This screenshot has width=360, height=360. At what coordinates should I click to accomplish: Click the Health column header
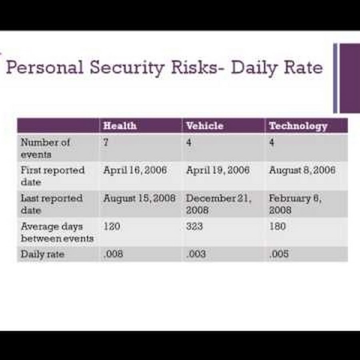click(x=120, y=126)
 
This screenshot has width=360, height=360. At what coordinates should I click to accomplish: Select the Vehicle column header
click(x=205, y=126)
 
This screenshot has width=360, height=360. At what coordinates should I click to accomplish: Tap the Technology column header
click(x=298, y=126)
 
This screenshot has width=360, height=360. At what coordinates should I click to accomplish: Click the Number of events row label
click(x=45, y=148)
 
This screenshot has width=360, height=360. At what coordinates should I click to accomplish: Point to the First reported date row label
click(x=52, y=176)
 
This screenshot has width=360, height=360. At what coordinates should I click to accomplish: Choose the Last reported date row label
click(x=52, y=204)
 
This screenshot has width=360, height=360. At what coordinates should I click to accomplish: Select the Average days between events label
click(x=57, y=232)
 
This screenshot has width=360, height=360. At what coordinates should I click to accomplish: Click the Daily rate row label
click(x=42, y=254)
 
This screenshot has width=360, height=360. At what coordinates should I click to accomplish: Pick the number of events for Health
click(x=106, y=142)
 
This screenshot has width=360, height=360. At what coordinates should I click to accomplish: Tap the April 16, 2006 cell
click(x=135, y=170)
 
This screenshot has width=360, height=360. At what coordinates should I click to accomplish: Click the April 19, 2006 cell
click(x=218, y=170)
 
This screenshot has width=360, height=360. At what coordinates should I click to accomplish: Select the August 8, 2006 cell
click(x=302, y=170)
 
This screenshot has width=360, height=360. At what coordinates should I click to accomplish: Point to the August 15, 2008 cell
click(x=139, y=198)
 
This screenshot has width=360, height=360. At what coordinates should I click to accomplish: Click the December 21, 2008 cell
click(x=218, y=204)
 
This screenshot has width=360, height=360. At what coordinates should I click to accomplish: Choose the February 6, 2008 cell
click(x=295, y=204)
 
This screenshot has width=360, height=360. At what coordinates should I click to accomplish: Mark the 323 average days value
click(x=194, y=226)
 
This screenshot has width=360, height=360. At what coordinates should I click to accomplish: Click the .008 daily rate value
click(x=113, y=254)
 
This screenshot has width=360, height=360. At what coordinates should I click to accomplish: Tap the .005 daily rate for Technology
click(x=279, y=254)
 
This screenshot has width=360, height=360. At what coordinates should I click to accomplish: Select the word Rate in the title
click(x=303, y=68)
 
